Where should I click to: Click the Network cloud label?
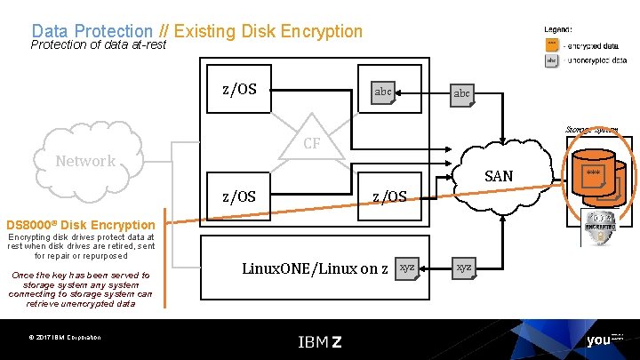tap(85, 161)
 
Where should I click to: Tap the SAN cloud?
tap(499, 175)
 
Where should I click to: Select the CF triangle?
tap(311, 141)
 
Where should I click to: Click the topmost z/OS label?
tap(239, 89)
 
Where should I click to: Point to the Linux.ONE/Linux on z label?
tap(315, 268)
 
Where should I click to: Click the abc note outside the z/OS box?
tap(462, 93)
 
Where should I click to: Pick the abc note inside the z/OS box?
tap(383, 92)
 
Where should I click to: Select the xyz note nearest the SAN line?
tap(464, 268)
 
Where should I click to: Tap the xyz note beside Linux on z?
tap(406, 268)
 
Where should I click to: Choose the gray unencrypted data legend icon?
tap(551, 60)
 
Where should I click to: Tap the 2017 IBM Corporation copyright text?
tap(64, 337)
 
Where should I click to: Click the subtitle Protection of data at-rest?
tap(98, 44)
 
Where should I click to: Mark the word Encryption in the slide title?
tap(321, 31)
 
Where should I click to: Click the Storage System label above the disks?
tap(592, 130)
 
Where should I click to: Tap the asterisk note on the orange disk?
tap(594, 173)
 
